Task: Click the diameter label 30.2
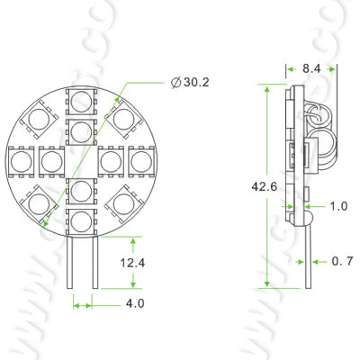[x=191, y=82]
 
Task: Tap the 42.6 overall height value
[x=253, y=187]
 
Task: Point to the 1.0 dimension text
[x=338, y=206]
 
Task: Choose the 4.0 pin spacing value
[x=135, y=304]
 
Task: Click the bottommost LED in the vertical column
[x=83, y=219]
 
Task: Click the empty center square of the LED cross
[x=83, y=160]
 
